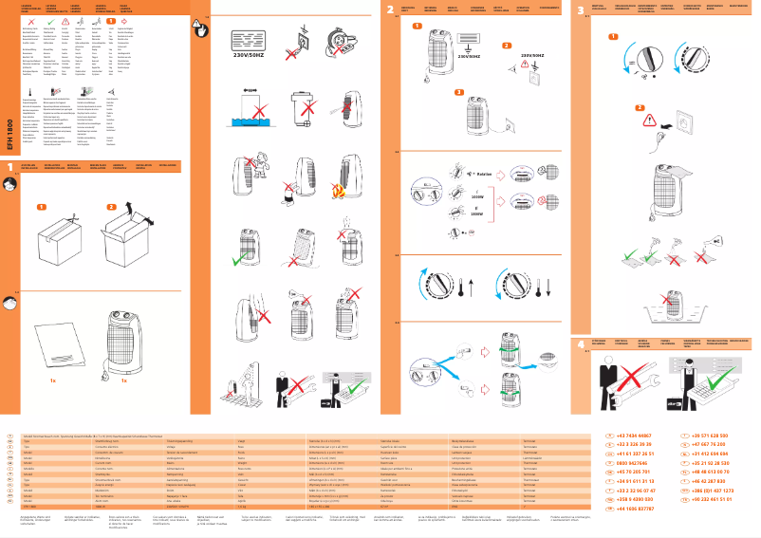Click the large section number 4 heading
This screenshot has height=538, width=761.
581,343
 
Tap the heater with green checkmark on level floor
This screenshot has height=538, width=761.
245,251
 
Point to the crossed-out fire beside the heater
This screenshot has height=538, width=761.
340,191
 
